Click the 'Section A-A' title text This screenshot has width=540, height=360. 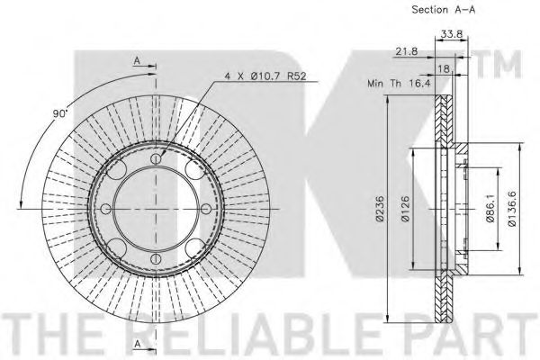coord(443,10)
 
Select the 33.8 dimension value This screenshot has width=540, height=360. coord(451,34)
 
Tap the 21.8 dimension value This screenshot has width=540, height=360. coord(407,51)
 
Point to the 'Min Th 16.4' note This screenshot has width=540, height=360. coord(399,83)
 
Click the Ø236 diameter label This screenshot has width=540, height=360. coord(380,209)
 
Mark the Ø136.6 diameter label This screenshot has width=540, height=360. coord(512,209)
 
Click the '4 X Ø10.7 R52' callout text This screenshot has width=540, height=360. coord(265,76)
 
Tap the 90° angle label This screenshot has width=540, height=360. coord(59,113)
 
